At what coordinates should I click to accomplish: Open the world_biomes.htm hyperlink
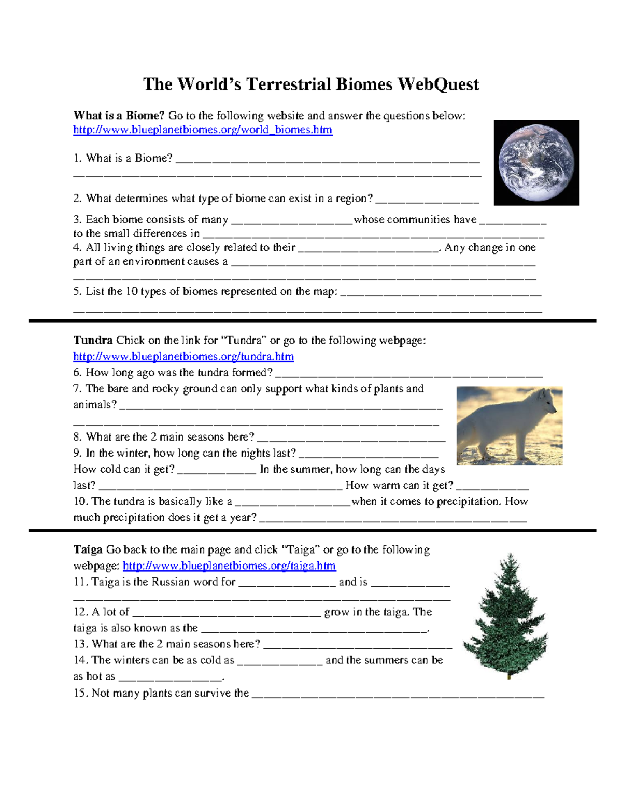click(202, 130)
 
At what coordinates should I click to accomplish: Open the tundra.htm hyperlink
click(183, 357)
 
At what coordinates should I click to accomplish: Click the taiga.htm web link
click(229, 566)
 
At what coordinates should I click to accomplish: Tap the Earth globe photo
click(536, 163)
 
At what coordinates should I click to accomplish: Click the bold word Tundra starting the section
click(93, 341)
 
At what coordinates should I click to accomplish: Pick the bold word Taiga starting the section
click(88, 549)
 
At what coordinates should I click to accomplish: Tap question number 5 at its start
click(77, 291)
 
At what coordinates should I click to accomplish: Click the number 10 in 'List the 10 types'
click(132, 291)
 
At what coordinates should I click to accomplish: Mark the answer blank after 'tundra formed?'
click(408, 374)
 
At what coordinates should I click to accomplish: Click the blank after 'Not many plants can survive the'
click(398, 695)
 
